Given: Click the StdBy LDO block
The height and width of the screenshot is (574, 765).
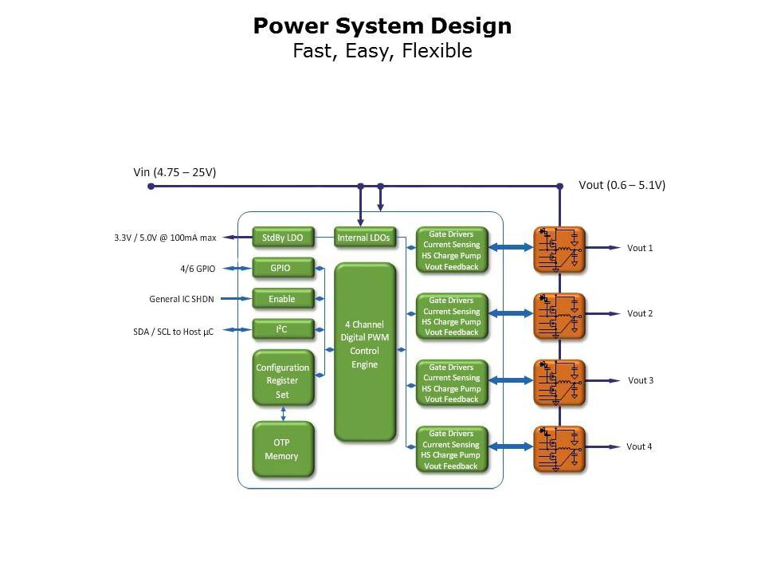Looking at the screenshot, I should click(283, 238).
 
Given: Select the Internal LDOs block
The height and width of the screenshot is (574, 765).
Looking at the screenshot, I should click(363, 238).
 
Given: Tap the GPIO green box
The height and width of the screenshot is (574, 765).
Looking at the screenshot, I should click(283, 268).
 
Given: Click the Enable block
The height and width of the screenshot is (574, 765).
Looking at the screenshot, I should click(283, 299).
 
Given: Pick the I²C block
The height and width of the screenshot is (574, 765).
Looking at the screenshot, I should click(283, 329).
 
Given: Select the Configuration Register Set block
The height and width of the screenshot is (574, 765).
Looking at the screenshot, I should click(283, 381).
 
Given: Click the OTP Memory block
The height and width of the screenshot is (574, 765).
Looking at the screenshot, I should click(283, 450).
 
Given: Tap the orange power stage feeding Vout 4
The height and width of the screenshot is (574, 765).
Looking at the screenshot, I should click(559, 449).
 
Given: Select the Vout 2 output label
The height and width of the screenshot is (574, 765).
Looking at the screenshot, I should click(640, 314).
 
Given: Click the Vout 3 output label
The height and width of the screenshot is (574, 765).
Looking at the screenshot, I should click(640, 380).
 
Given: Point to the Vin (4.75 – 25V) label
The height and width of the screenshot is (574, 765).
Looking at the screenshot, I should click(175, 172).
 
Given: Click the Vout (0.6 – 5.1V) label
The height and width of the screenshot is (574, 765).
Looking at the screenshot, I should click(622, 185).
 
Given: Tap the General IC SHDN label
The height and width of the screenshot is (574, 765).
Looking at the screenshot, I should click(182, 300).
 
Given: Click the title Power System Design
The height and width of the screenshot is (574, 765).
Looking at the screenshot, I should click(382, 26).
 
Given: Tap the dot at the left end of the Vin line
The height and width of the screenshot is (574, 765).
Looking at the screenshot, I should click(151, 187).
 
